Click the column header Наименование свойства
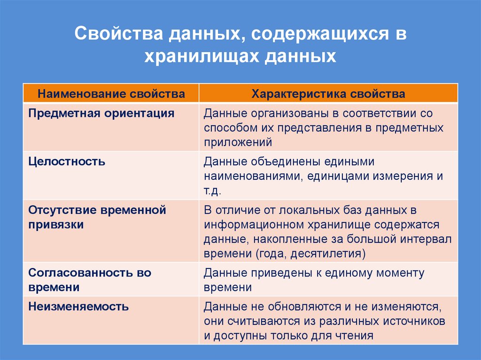111,94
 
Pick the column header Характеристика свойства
328,94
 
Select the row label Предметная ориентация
101,113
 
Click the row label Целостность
67,162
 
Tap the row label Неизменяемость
78,307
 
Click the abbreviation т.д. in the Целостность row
212,191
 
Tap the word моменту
398,273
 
